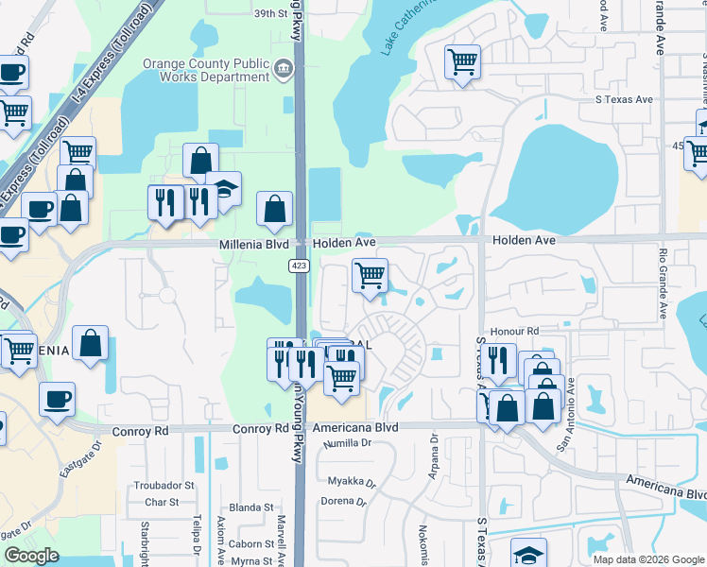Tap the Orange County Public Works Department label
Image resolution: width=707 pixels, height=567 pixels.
pyautogui.click(x=205, y=72)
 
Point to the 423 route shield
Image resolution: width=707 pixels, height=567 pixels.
pyautogui.click(x=299, y=266)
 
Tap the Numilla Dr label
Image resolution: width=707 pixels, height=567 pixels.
pyautogui.click(x=344, y=443)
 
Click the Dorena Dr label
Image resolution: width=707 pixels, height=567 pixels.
pyautogui.click(x=343, y=502)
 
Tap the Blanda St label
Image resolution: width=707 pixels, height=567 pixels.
pyautogui.click(x=250, y=507)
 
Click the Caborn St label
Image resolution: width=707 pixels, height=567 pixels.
pyautogui.click(x=250, y=543)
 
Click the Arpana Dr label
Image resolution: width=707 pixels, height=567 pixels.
pyautogui.click(x=435, y=455)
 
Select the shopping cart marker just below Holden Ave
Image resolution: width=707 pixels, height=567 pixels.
pyautogui.click(x=370, y=275)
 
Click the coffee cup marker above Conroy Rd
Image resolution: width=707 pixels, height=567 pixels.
pyautogui.click(x=57, y=398)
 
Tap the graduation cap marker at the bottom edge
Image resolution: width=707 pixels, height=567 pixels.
pyautogui.click(x=528, y=553)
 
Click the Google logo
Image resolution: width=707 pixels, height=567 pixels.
pyautogui.click(x=31, y=556)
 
